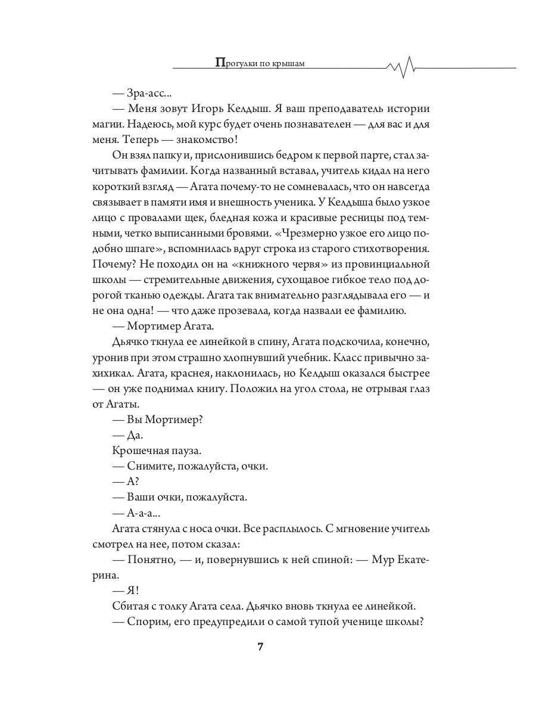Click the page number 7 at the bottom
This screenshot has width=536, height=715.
point(260,648)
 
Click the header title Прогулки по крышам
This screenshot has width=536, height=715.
point(259,63)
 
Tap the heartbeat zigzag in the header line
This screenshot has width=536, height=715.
point(406,67)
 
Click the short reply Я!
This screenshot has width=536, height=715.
point(133,590)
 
